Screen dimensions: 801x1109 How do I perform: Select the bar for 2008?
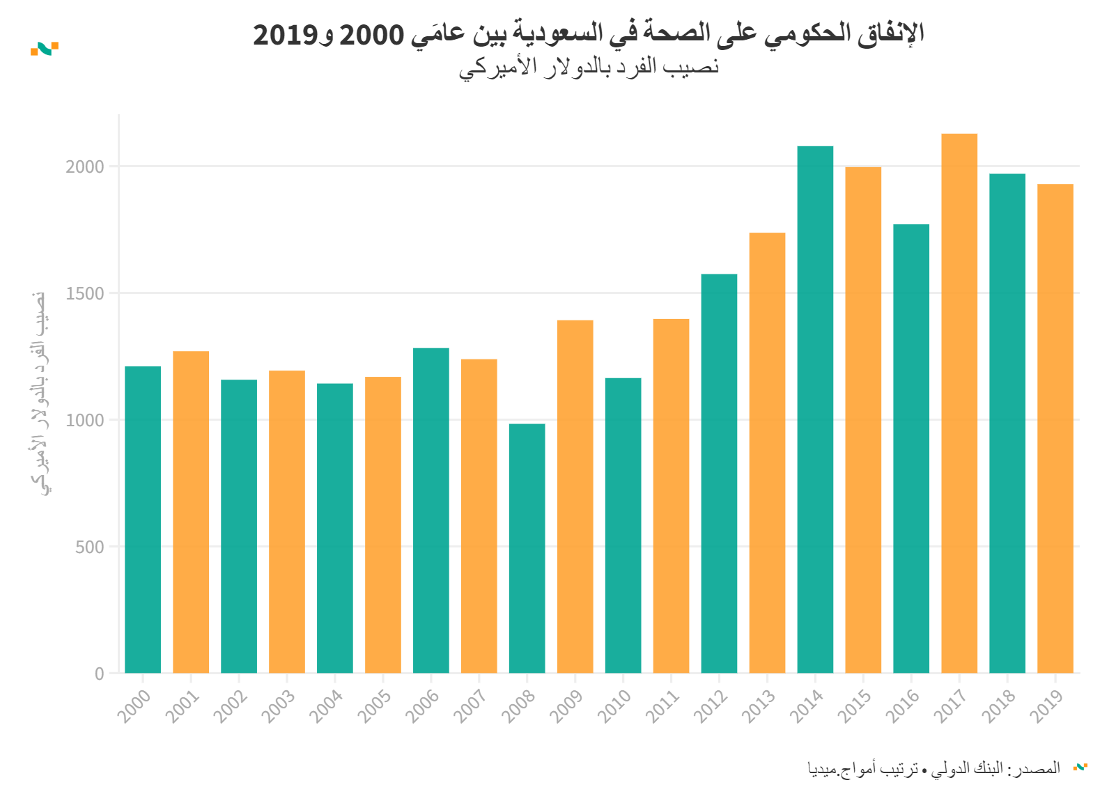[527, 548]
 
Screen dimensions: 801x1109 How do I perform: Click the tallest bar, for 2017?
[959, 403]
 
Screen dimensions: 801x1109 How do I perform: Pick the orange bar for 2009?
[575, 497]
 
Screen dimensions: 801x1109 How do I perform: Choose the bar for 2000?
[143, 520]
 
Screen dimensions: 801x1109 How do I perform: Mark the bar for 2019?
[1055, 428]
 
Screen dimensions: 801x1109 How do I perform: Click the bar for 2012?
[719, 474]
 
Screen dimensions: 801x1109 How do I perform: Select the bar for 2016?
[911, 449]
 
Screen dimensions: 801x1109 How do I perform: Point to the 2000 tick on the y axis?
[85, 166]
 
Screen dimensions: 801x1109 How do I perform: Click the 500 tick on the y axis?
[90, 547]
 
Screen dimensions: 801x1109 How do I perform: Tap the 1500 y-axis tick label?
[85, 293]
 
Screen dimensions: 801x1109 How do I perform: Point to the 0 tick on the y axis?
[100, 674]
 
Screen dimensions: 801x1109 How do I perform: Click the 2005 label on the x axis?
[374, 706]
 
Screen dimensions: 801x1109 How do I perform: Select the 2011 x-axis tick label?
[662, 706]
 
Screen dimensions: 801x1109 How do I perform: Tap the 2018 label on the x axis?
[999, 706]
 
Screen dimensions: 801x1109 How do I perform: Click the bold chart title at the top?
[589, 33]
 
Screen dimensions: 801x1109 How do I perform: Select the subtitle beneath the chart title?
[589, 68]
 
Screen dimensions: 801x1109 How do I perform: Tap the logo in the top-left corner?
[45, 48]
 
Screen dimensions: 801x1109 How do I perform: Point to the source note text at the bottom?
[934, 768]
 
